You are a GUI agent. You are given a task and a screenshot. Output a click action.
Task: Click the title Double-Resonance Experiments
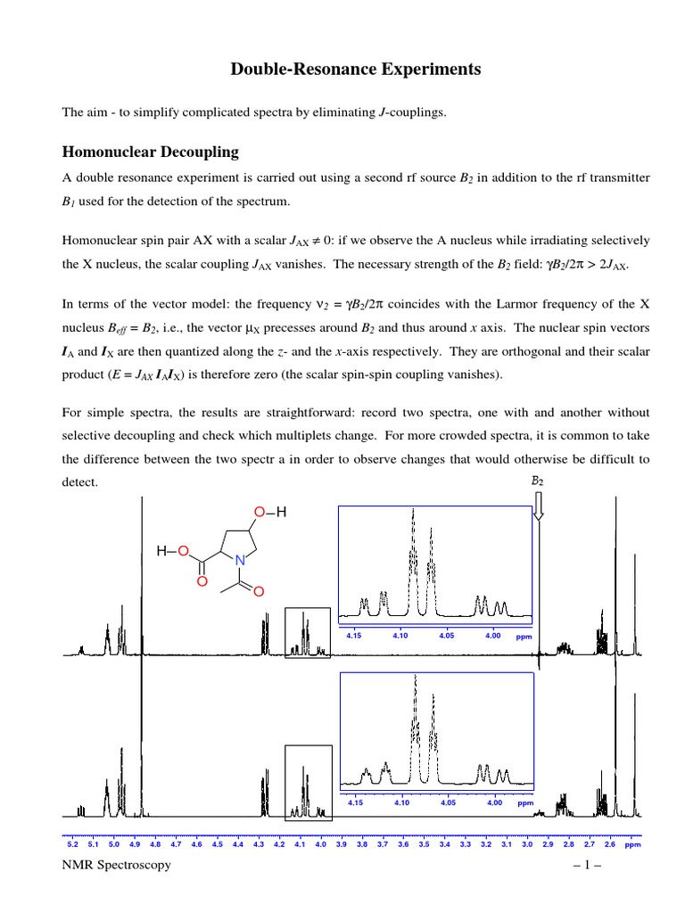[342, 69]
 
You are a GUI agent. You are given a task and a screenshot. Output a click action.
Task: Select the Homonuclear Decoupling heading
[149, 152]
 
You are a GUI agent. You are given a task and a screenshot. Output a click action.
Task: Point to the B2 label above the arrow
[537, 481]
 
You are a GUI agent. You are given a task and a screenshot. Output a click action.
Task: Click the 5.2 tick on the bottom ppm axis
[72, 843]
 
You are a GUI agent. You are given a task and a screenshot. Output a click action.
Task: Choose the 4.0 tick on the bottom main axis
[320, 843]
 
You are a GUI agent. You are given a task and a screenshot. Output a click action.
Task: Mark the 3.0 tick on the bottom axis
[526, 843]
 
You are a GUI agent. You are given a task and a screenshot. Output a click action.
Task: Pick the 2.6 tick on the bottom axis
[609, 843]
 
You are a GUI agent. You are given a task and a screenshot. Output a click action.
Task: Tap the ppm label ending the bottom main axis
[633, 843]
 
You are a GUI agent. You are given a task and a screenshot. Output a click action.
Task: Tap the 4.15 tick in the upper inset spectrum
[354, 636]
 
